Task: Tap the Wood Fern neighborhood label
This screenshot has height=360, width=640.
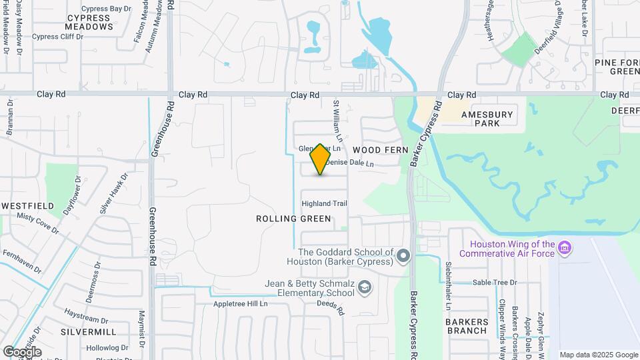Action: point(380,150)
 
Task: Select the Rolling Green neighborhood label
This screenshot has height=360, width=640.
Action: point(293,219)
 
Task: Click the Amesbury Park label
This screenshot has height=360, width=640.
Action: point(492,119)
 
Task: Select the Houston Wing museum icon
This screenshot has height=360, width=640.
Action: point(565,249)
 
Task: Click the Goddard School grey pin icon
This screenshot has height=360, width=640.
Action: point(403,256)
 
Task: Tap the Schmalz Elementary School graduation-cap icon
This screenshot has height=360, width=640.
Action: point(365,288)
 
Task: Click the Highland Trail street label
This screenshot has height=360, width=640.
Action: point(325,203)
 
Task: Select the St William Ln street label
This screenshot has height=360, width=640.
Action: point(337,120)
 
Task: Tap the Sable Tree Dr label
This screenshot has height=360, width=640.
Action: point(495,283)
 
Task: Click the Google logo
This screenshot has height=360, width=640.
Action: point(22,351)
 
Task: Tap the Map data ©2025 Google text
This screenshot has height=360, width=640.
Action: point(598,355)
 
